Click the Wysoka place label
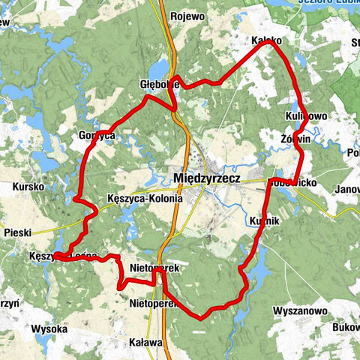[x=49, y=328]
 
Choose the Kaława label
[x=145, y=342]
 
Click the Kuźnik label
[x=262, y=221]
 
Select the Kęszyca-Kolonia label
[x=145, y=199]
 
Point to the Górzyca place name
[x=96, y=136]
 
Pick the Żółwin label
[x=295, y=139]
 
